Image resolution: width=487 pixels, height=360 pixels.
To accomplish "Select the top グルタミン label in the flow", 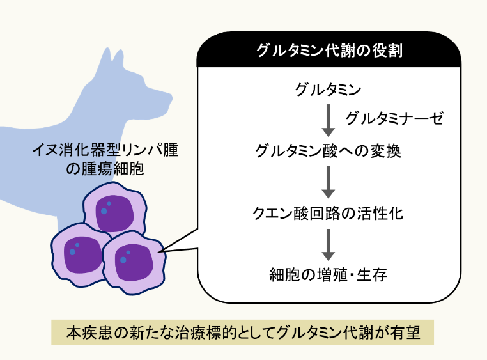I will tap(329, 88).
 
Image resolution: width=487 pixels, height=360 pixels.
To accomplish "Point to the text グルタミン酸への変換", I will tap(329, 152).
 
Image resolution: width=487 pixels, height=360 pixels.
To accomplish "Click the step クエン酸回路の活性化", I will tap(329, 213).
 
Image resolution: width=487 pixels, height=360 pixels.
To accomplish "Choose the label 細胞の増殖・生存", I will tap(329, 276).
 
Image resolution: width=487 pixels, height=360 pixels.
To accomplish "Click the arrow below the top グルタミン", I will tap(329, 118).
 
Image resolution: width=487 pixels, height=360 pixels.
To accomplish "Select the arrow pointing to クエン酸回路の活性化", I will tap(329, 182).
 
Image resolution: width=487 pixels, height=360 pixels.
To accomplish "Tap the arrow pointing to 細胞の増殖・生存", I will tap(329, 244).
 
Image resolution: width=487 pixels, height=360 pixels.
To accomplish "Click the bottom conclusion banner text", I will tap(243, 333).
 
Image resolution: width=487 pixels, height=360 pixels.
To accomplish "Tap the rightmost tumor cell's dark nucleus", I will tap(134, 262).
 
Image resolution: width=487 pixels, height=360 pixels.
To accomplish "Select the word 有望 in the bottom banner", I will tap(405, 333).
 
